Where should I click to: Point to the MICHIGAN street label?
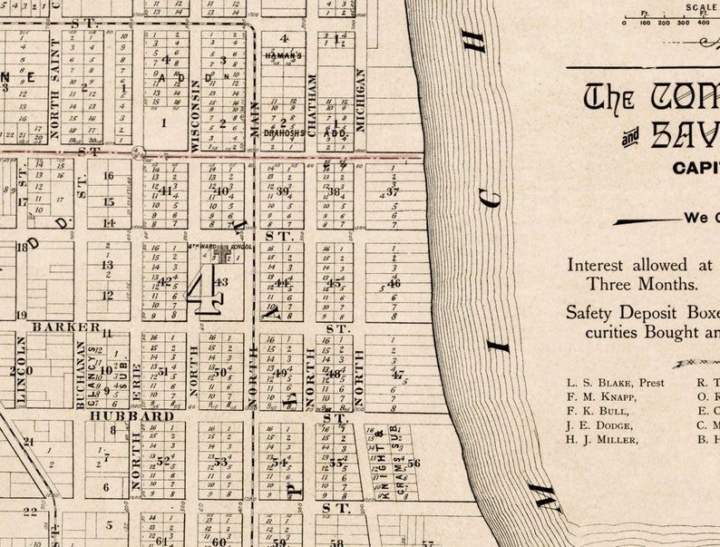(x=360, y=101)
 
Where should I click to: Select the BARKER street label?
(x=66, y=327)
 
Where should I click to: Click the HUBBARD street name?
(x=131, y=415)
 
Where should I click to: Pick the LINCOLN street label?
(x=21, y=369)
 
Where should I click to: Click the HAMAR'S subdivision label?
(x=282, y=55)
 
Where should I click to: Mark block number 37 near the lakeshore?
(x=393, y=191)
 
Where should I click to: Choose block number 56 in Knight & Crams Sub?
(x=414, y=464)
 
